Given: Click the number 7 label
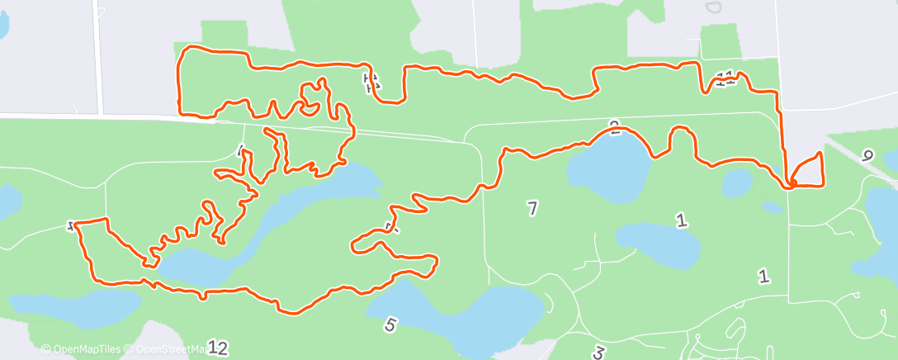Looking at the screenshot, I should click(x=532, y=209).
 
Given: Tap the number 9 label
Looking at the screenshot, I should click(x=866, y=155).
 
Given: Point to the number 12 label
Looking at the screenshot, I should click(x=217, y=348).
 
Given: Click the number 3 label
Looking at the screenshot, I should click(x=598, y=353).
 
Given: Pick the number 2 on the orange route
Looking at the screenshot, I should click(x=614, y=126).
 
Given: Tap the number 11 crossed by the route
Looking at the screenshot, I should click(x=725, y=79).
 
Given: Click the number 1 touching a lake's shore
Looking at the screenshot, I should click(x=681, y=220).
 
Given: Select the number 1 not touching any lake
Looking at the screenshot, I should click(x=764, y=277).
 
